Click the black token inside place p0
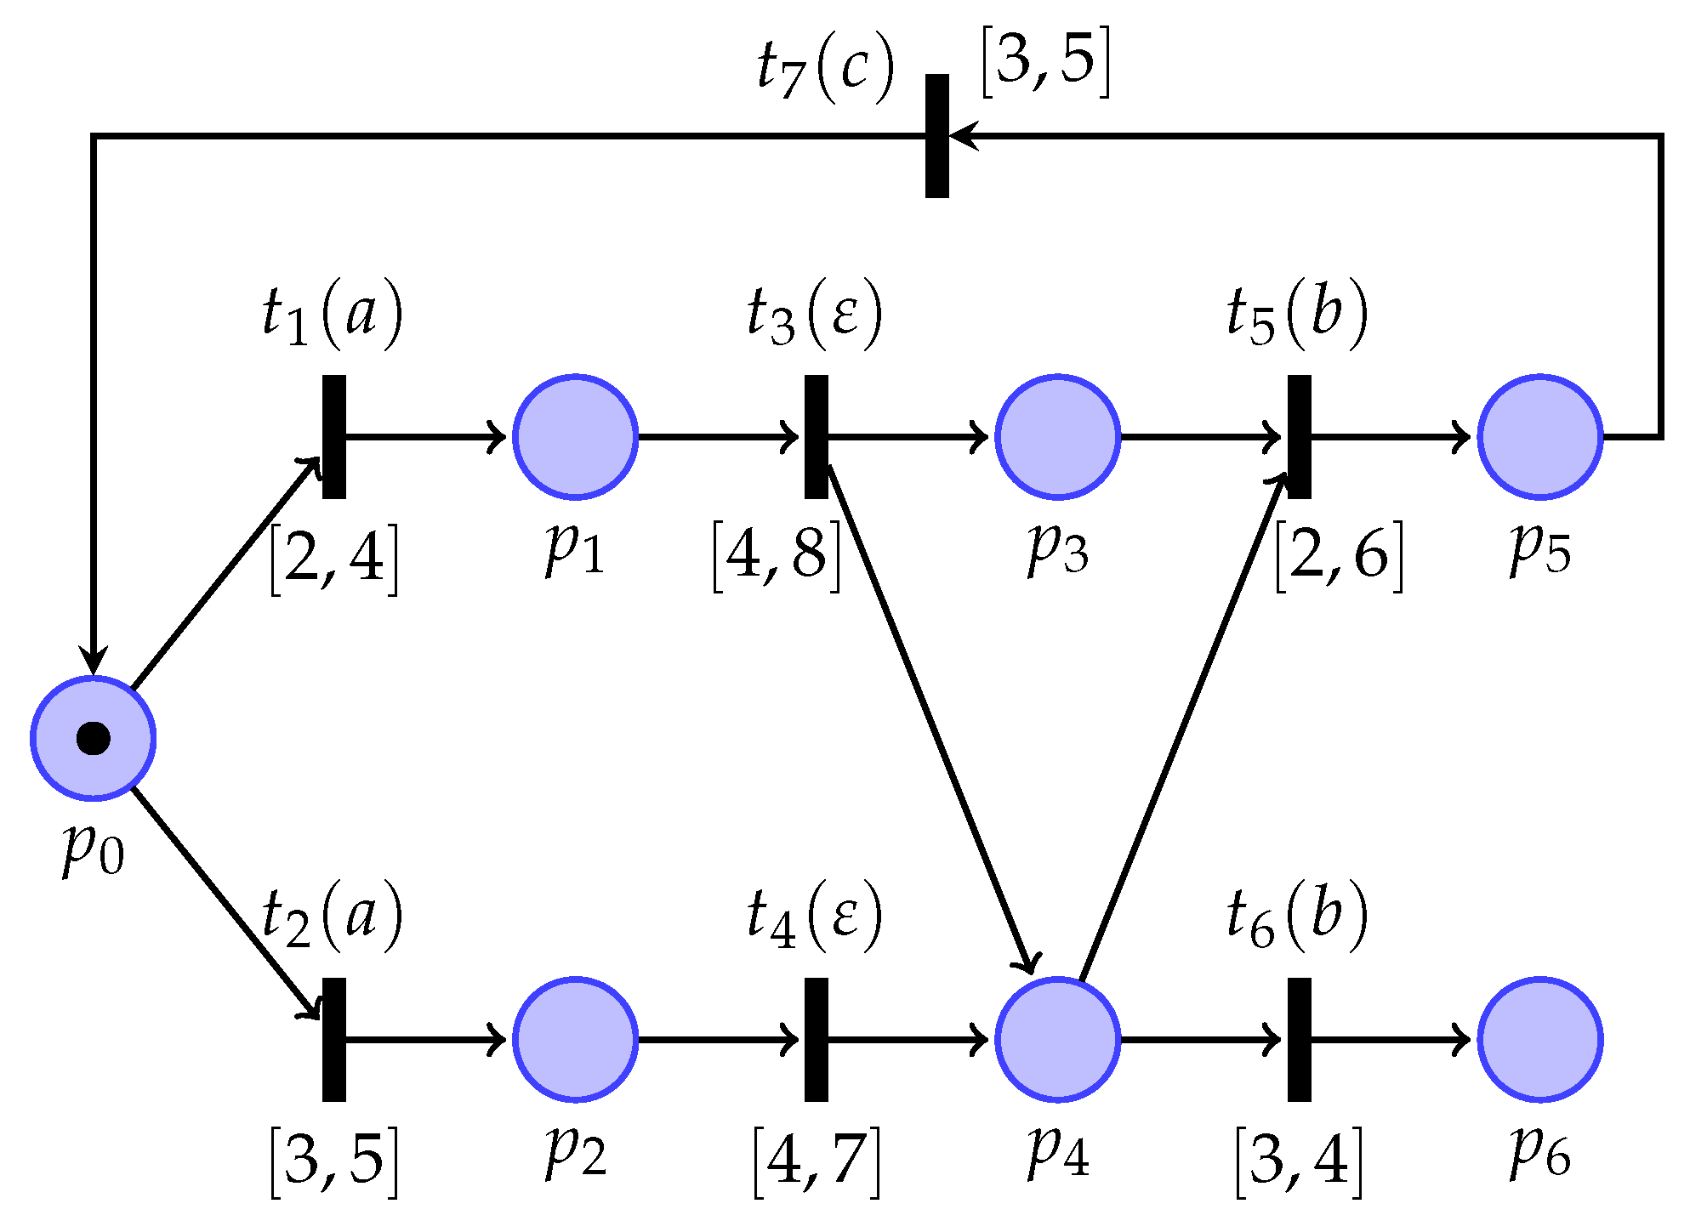pos(94,738)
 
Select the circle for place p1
pos(575,436)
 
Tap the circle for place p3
pos(1057,436)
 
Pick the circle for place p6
pos(1539,1039)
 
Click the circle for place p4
pos(1057,1039)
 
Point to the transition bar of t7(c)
pos(936,136)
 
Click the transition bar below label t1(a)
pos(334,436)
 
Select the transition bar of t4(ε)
pos(816,1039)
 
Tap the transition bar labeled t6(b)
pos(1299,1039)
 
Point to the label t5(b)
pos(1296,315)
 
